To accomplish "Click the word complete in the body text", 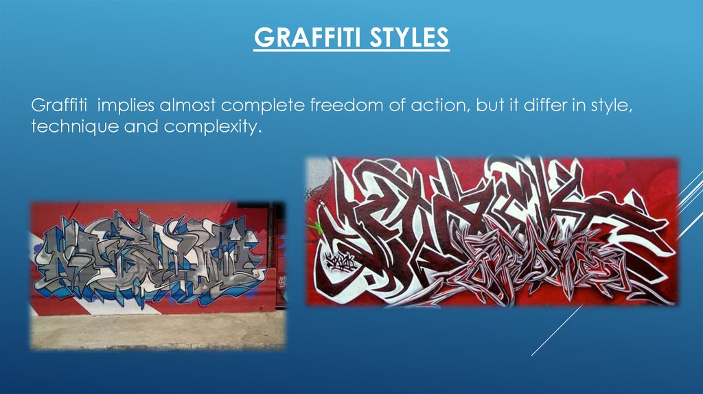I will tap(255, 107).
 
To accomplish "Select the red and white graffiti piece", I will tap(491, 233).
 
